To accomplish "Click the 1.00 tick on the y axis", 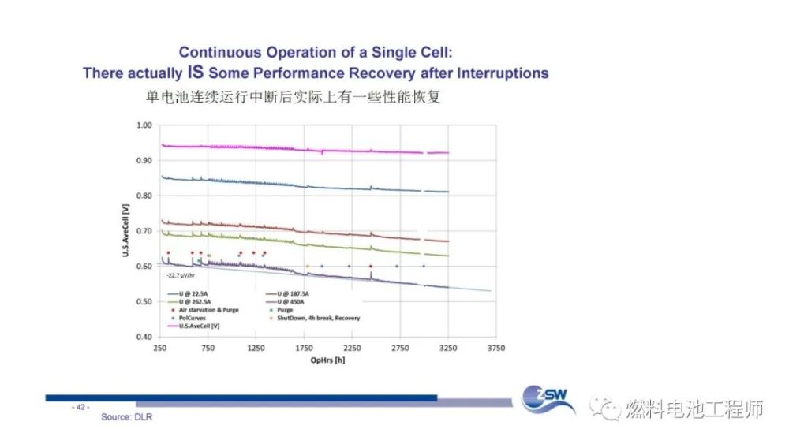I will [x=143, y=125].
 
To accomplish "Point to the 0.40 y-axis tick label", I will [x=143, y=337].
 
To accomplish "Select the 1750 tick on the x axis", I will [x=304, y=348].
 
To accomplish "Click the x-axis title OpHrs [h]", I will [x=327, y=360].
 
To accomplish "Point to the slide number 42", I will [x=81, y=407].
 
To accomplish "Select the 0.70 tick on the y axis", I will [x=143, y=231].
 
